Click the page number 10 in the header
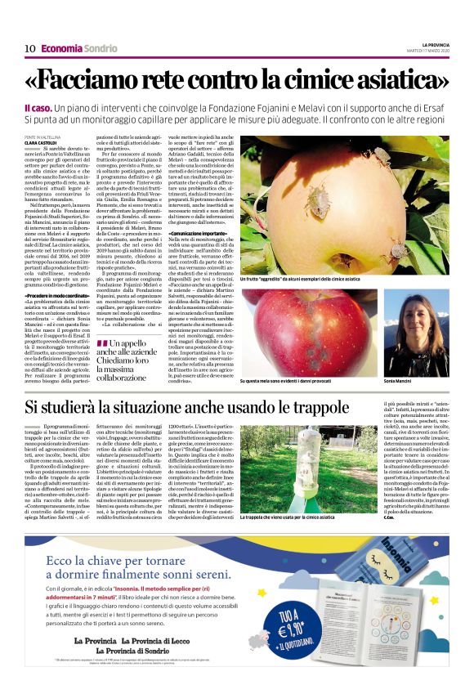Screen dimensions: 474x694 29,48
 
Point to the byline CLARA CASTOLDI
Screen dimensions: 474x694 65,143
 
